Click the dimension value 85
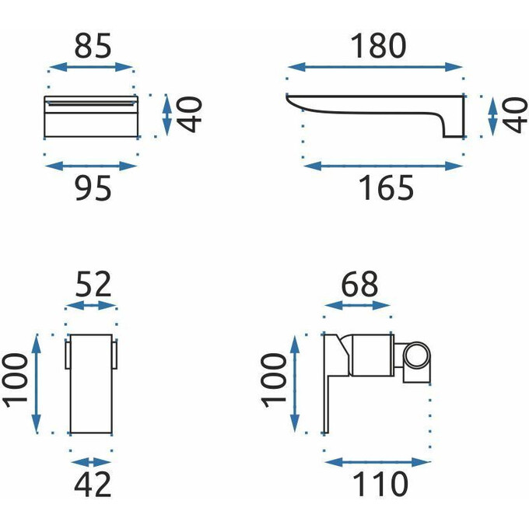[93, 46]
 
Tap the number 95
[93, 188]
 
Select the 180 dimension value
[379, 46]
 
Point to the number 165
[386, 188]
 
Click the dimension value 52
[93, 285]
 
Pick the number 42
[93, 485]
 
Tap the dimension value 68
[359, 285]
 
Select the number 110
[380, 485]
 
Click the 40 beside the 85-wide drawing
[189, 114]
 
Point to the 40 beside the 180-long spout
[515, 115]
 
